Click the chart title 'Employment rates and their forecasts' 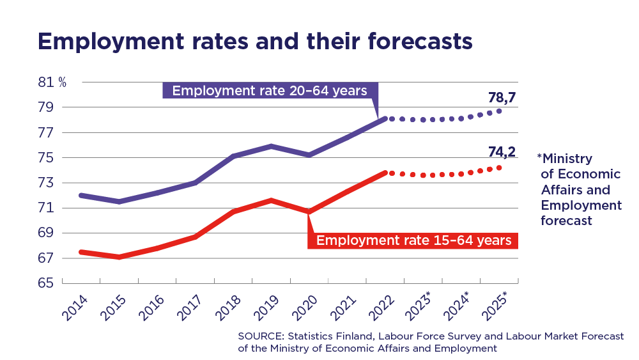pyautogui.click(x=255, y=41)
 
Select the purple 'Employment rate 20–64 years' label pyautogui.click(x=270, y=90)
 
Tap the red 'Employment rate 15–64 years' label pyautogui.click(x=413, y=240)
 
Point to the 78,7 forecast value pyautogui.click(x=502, y=98)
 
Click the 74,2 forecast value pyautogui.click(x=502, y=153)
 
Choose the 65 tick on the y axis pyautogui.click(x=46, y=283)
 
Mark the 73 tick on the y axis pyautogui.click(x=46, y=183)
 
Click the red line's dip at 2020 pyautogui.click(x=309, y=212)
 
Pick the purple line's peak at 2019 pyautogui.click(x=271, y=146)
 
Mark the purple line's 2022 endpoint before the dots pyautogui.click(x=384, y=118)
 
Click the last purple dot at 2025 pyautogui.click(x=499, y=111)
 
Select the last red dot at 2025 pyautogui.click(x=499, y=168)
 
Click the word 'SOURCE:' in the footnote pyautogui.click(x=258, y=336)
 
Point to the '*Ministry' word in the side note pyautogui.click(x=565, y=159)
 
